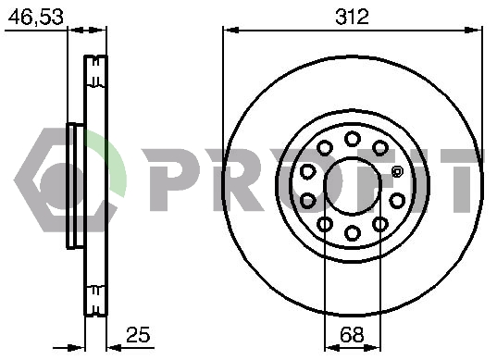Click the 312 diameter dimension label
point(352,17)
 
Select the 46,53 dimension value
point(36,17)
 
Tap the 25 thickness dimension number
point(138,334)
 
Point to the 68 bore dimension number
point(352,334)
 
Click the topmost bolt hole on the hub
point(353,139)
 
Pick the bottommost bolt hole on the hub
point(353,233)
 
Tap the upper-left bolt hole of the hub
point(325,147)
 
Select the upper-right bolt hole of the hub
point(380,147)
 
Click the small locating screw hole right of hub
point(397,172)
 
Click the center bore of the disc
point(353,186)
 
